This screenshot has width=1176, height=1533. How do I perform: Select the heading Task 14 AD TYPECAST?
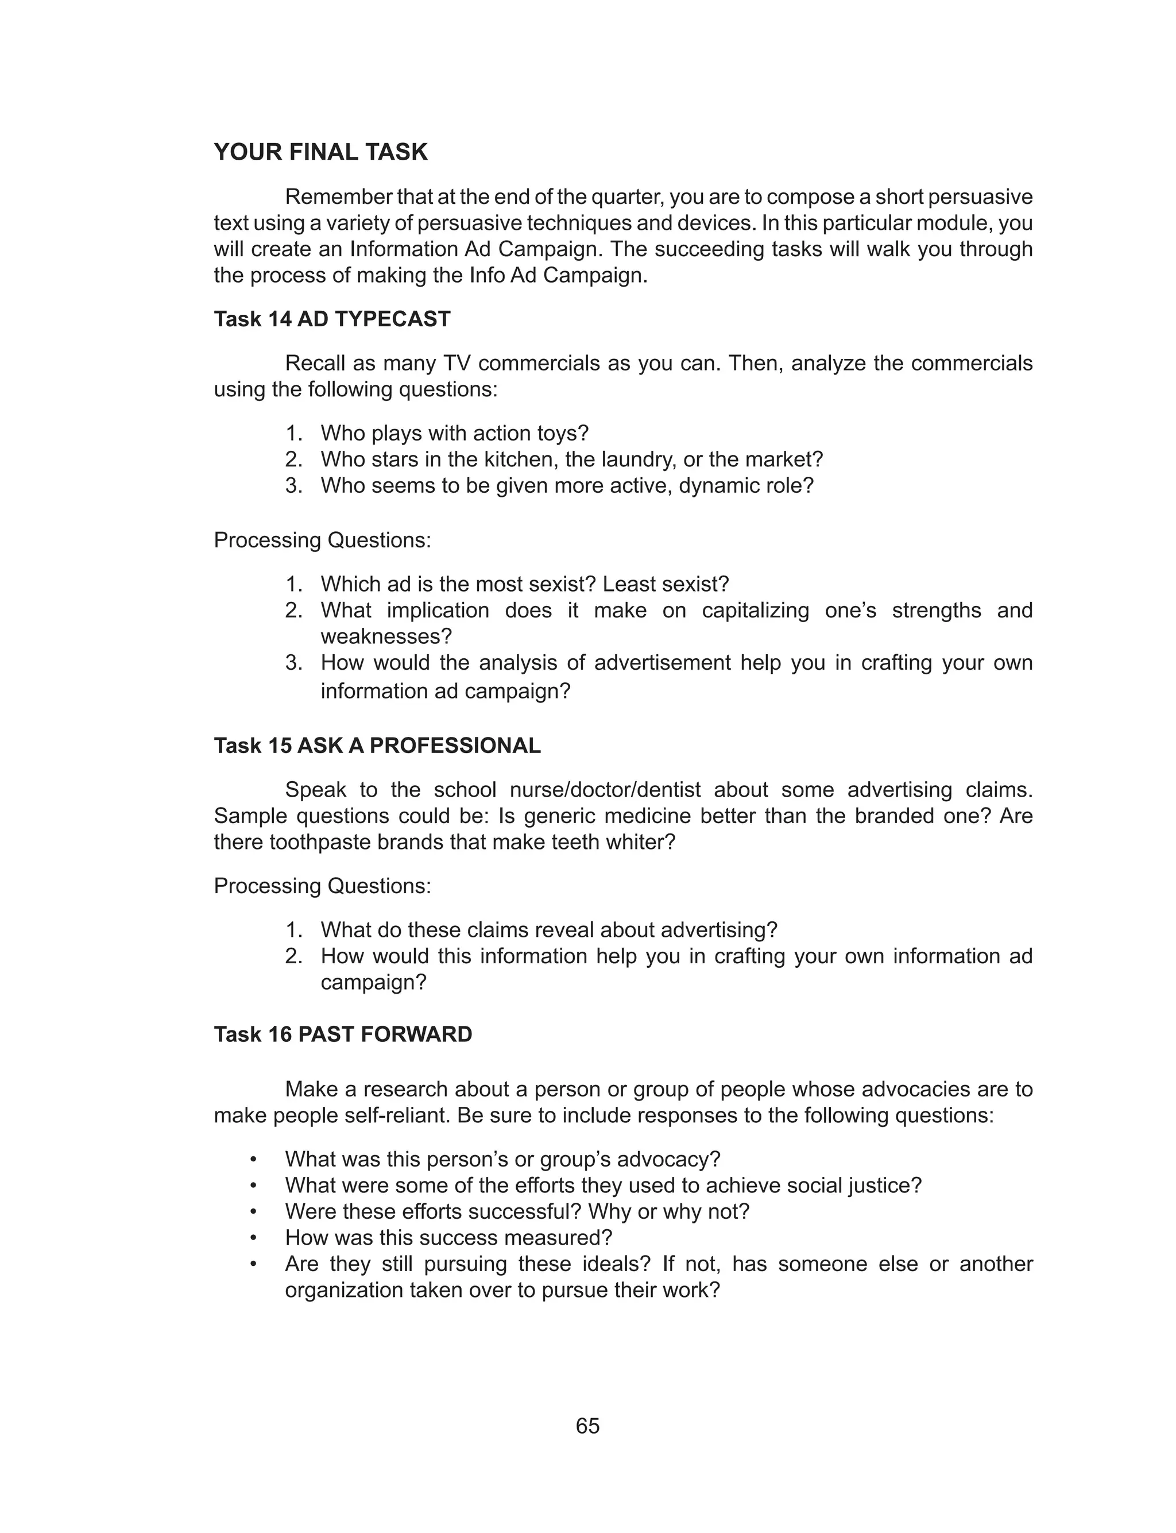[x=332, y=319]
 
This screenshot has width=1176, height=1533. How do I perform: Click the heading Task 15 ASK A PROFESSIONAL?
[x=377, y=746]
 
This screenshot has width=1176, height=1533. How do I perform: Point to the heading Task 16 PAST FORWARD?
[x=343, y=1034]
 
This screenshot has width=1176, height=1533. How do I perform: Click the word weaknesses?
[x=386, y=636]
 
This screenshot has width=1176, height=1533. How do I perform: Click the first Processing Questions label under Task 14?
[x=322, y=540]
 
